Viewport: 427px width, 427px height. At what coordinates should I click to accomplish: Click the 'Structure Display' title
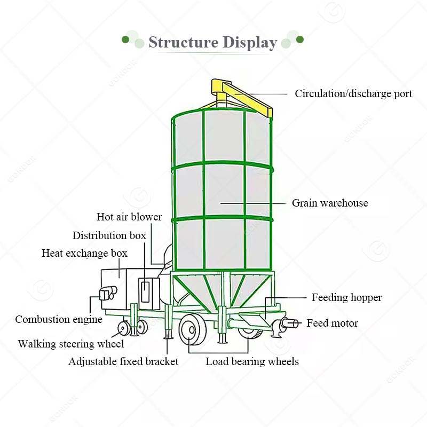click(212, 42)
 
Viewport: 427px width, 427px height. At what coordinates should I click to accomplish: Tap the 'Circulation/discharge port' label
click(353, 93)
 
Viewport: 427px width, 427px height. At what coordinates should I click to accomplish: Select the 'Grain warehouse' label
click(329, 203)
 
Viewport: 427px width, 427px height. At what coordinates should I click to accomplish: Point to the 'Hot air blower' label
click(129, 217)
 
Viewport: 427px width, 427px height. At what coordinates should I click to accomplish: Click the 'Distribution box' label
click(109, 235)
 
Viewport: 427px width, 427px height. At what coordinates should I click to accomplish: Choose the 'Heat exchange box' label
click(84, 253)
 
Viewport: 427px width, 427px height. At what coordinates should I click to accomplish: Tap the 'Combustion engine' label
click(59, 319)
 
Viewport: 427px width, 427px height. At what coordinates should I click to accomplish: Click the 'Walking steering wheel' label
click(70, 344)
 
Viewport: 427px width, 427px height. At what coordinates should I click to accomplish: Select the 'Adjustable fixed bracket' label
click(123, 361)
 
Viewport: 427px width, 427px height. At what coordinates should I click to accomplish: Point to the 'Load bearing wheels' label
click(252, 361)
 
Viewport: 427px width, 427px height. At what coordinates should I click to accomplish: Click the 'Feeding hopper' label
click(346, 297)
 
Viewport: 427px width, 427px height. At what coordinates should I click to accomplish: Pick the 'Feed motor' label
click(332, 323)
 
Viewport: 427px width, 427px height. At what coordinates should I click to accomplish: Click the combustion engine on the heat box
click(106, 292)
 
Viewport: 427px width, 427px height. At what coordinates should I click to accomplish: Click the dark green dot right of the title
click(300, 39)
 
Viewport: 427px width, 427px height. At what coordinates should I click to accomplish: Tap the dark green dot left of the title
click(125, 39)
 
